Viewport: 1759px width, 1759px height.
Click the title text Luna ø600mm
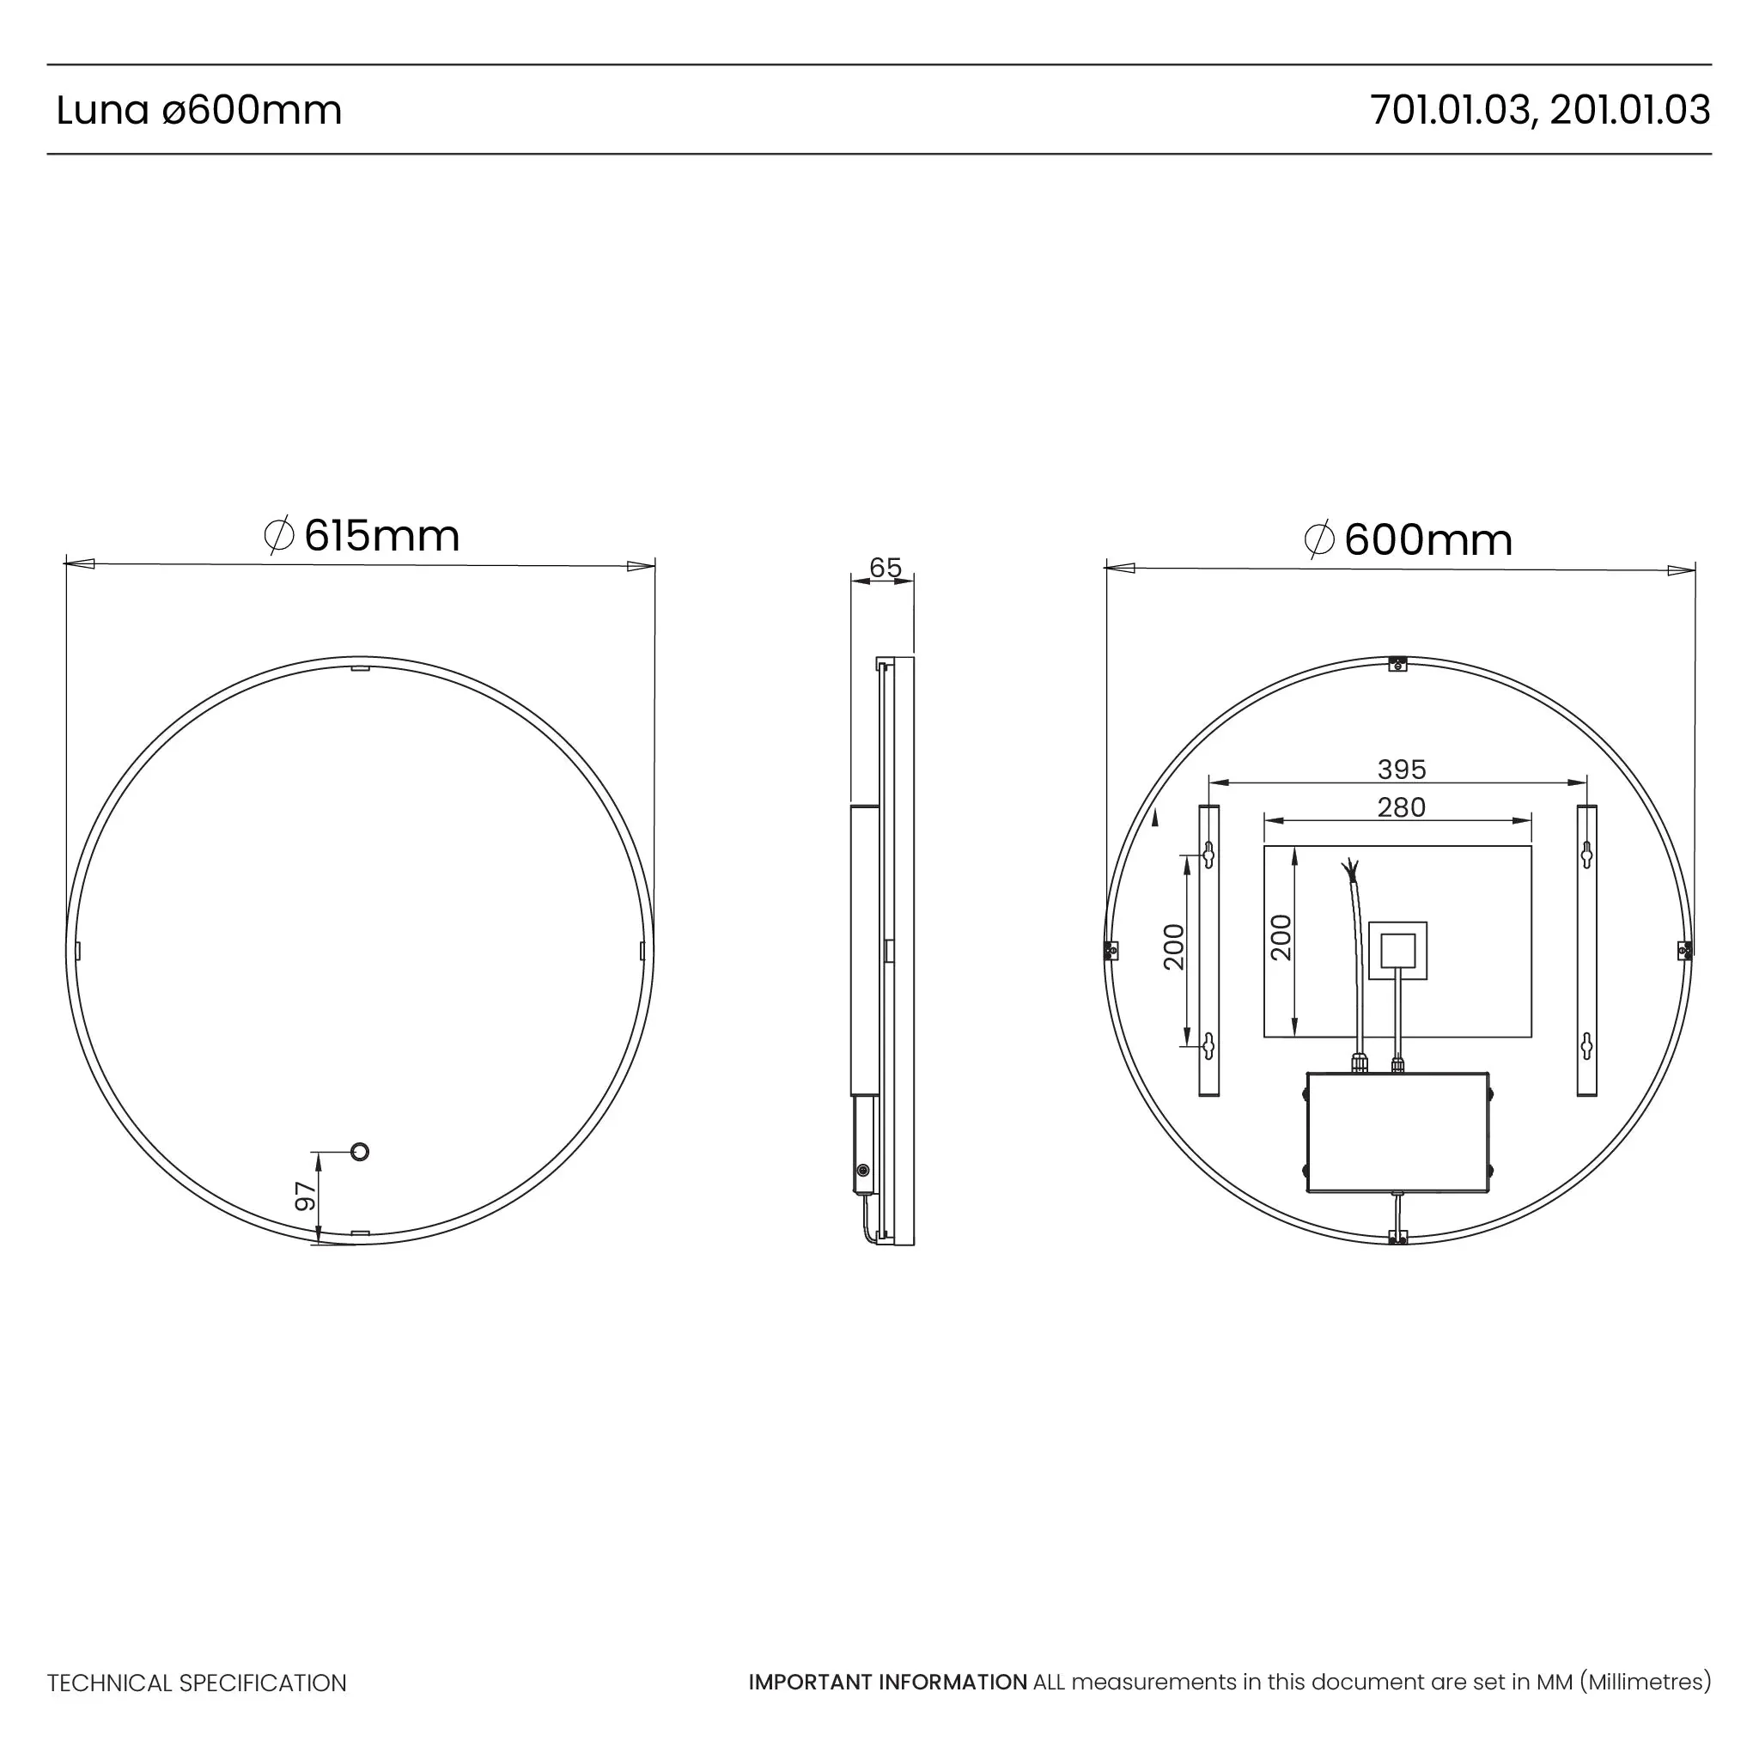(198, 111)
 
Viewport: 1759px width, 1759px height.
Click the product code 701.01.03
(1450, 110)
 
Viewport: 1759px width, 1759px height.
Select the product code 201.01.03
(1629, 110)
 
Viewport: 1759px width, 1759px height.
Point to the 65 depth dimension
(885, 567)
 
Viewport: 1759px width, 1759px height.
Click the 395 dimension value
(1401, 770)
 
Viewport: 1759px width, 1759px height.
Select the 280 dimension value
(1401, 806)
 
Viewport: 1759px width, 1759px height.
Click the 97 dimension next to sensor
(306, 1196)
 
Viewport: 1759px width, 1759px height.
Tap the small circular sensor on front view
(360, 1152)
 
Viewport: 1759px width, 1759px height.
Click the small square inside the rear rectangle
(1397, 951)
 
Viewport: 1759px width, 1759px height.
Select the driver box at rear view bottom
(1397, 1132)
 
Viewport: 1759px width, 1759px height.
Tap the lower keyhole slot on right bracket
(1586, 1046)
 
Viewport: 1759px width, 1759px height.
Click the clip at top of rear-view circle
(1398, 664)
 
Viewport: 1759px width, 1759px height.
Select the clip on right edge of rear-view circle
(1684, 951)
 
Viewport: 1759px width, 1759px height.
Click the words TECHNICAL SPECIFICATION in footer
(197, 1683)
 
